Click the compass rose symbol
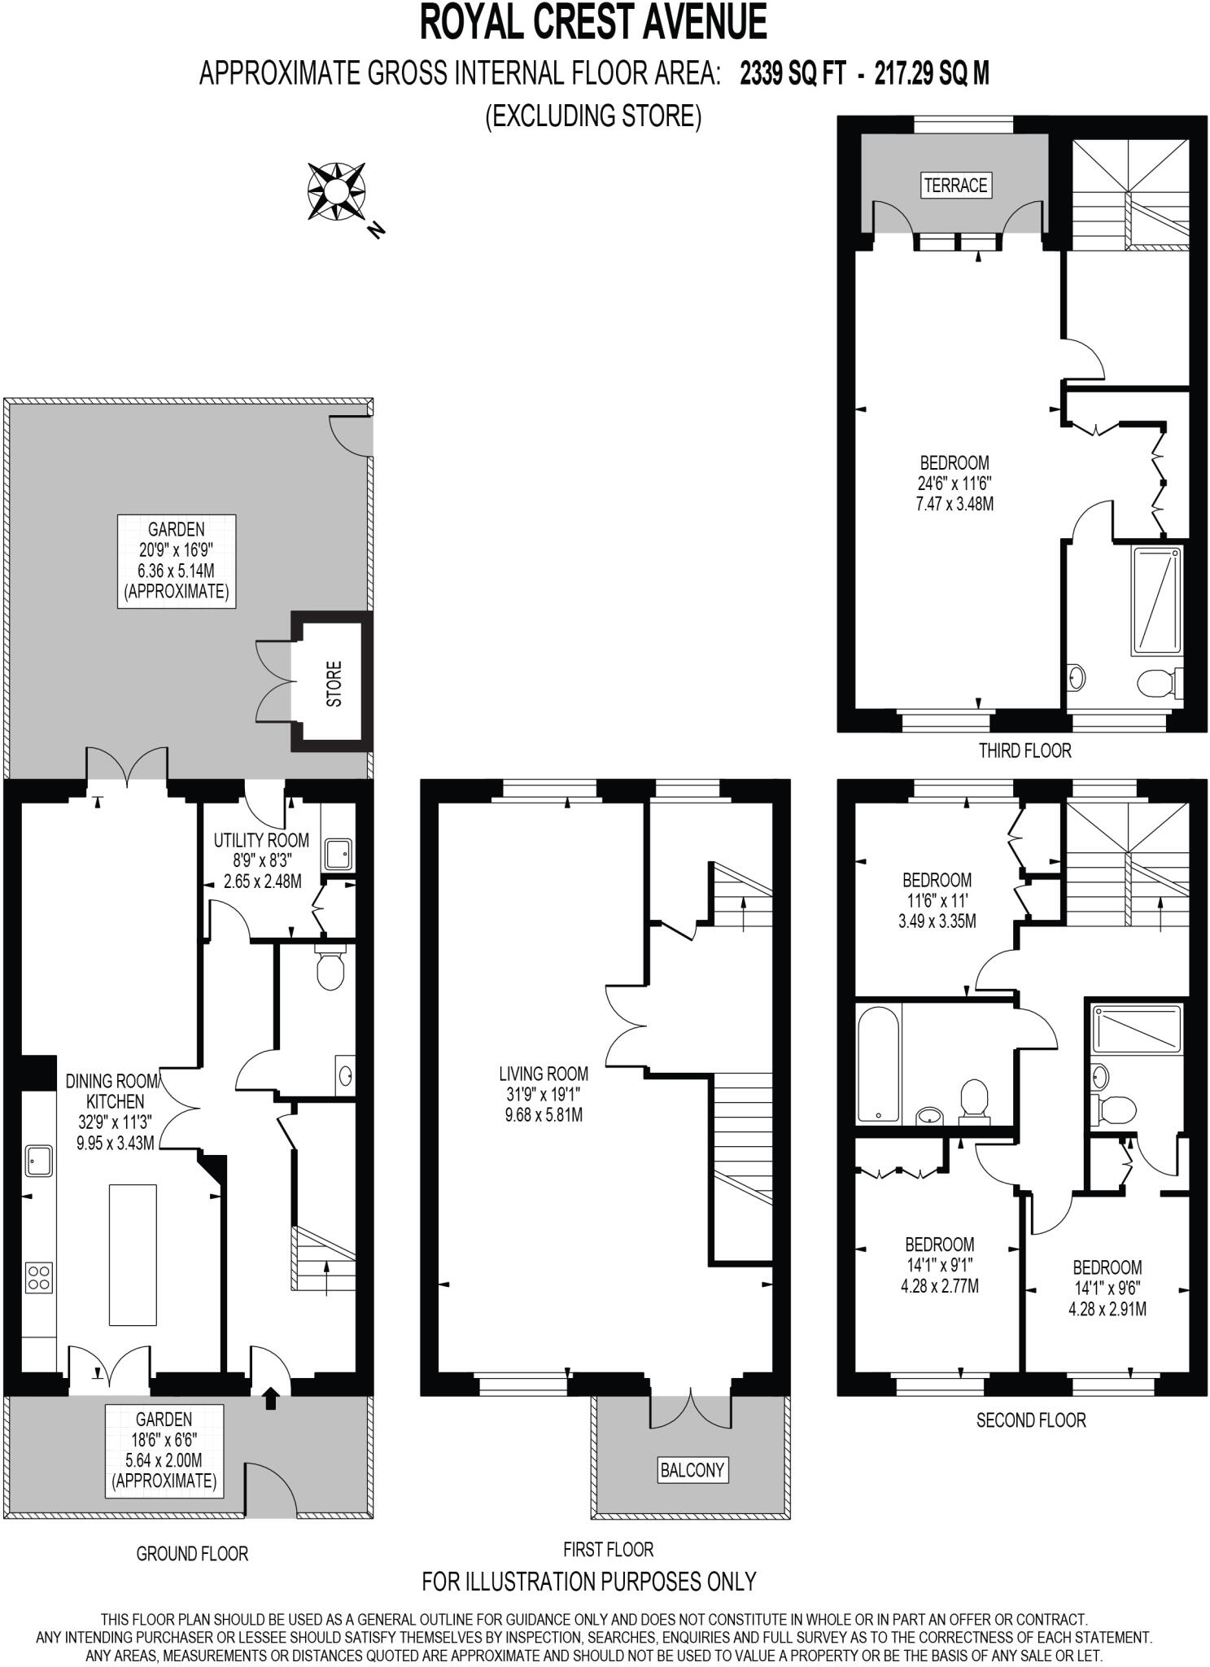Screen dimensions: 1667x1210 pyautogui.click(x=335, y=192)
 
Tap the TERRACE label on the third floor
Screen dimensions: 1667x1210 pyautogui.click(x=954, y=185)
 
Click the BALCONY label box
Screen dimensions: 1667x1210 pyautogui.click(x=692, y=1469)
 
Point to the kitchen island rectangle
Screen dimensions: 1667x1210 pyautogui.click(x=133, y=1254)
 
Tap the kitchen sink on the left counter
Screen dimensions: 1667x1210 pyautogui.click(x=39, y=1160)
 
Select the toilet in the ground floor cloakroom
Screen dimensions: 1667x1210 pyautogui.click(x=330, y=969)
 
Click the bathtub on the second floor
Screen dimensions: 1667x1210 pyautogui.click(x=878, y=1063)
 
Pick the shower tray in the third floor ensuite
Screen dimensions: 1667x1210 pyautogui.click(x=1155, y=601)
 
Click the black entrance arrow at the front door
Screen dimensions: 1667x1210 pyautogui.click(x=271, y=1398)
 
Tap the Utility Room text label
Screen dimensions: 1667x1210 pyautogui.click(x=261, y=840)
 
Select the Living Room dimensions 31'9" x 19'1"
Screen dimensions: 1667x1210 pyautogui.click(x=544, y=1095)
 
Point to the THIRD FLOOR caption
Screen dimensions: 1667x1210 pyautogui.click(x=1024, y=750)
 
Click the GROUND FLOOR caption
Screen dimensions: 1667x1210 pyautogui.click(x=192, y=1553)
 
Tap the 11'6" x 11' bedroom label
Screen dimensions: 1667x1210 pyautogui.click(x=937, y=901)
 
